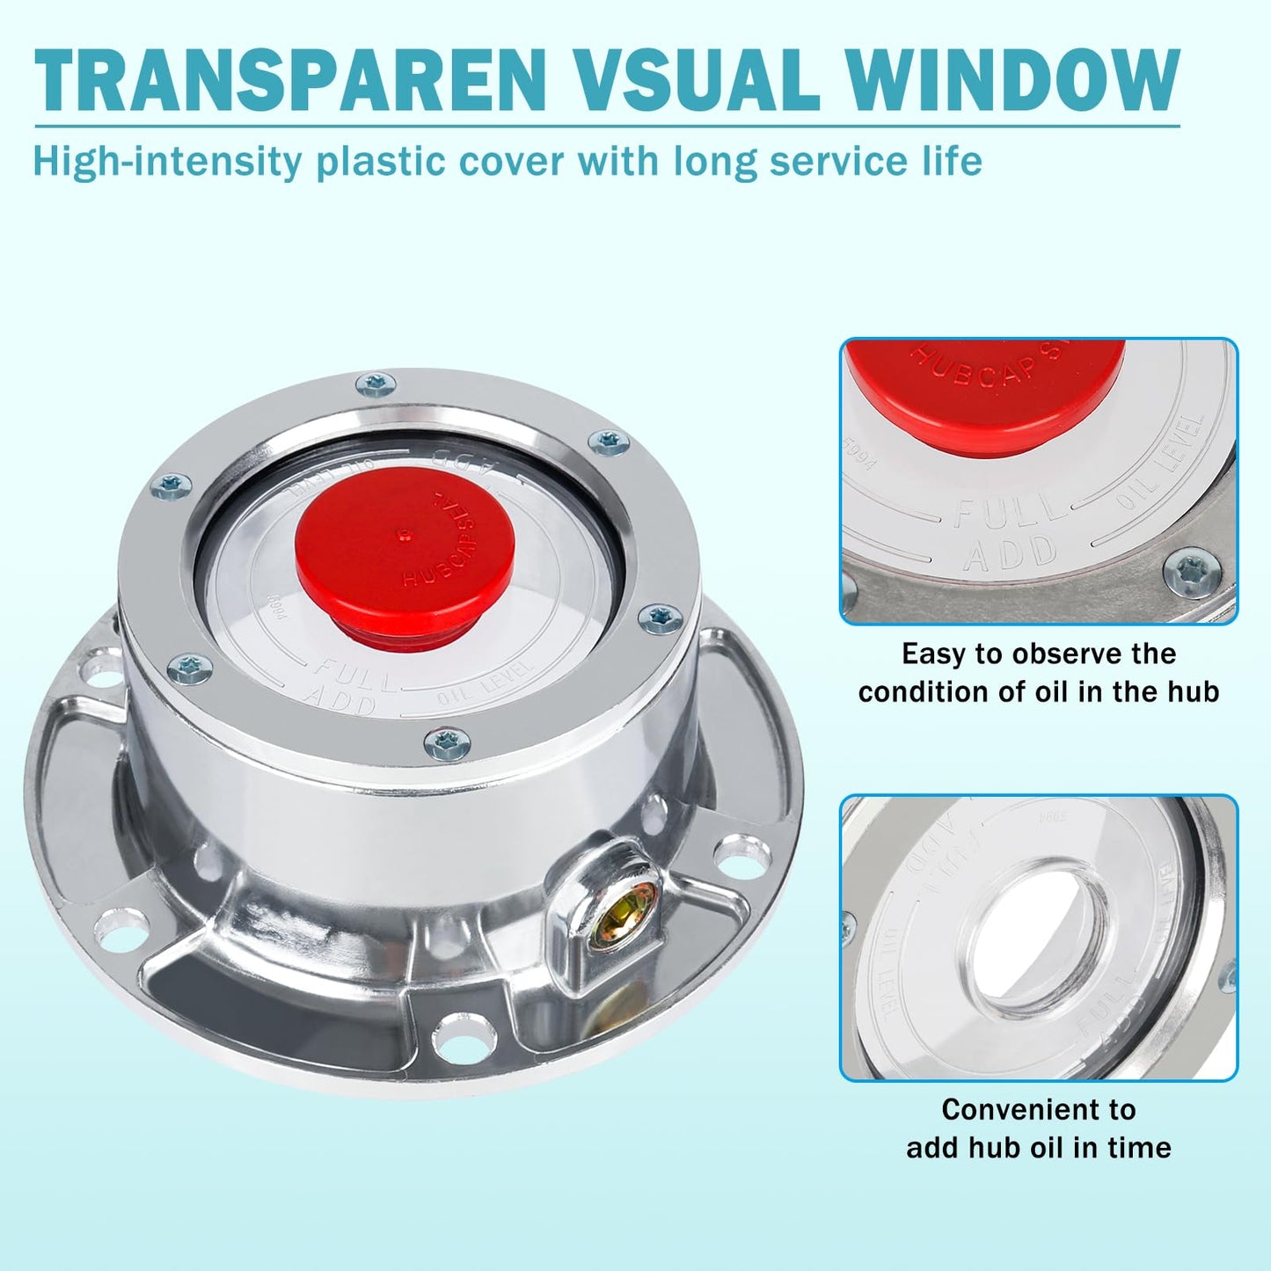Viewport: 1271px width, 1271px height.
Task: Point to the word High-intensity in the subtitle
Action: tap(167, 163)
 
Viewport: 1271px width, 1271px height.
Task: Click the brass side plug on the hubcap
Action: tap(622, 915)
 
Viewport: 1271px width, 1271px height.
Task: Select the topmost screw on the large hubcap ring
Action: tap(376, 384)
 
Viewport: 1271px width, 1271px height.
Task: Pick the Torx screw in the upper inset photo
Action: tap(1193, 573)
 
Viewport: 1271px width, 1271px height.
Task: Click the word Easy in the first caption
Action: tap(933, 654)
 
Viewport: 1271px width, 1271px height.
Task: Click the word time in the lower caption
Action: tap(1138, 1148)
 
